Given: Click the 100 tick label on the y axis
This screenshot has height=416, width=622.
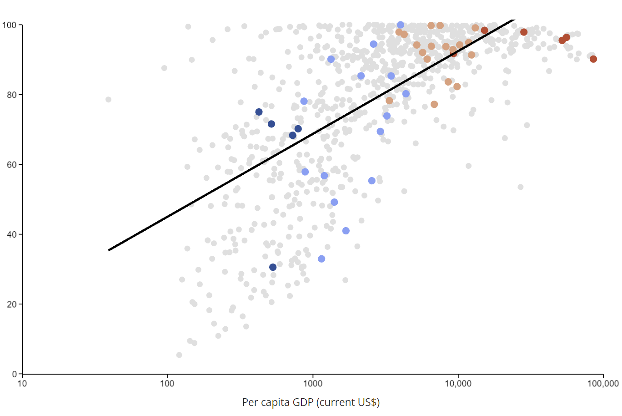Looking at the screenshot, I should pos(9,25).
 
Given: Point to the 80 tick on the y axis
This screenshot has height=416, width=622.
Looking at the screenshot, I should pos(11,95).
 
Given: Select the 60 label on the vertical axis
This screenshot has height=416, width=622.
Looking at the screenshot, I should pos(11,165).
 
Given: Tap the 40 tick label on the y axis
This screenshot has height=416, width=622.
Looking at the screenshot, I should pos(11,234).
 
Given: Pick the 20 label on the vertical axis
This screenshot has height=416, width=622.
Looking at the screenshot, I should pos(11,304).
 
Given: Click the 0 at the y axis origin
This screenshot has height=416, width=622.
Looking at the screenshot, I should pos(15,374).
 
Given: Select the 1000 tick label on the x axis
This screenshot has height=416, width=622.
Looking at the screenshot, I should pos(313,384).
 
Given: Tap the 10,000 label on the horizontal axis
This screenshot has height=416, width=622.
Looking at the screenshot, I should pos(458,384).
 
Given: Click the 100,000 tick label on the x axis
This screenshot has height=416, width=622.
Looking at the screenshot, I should pos(603,384).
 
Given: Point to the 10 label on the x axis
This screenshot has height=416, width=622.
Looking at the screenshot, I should pos(22,384).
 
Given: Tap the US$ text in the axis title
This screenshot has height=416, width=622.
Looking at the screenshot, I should pos(368,402).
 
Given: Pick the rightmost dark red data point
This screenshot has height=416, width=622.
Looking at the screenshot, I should pos(593,59).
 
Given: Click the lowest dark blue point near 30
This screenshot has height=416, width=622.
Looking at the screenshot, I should pos(273,267).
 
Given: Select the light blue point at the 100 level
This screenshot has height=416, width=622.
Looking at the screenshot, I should pos(401,25).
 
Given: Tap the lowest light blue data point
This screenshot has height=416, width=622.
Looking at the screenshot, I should pos(321,259).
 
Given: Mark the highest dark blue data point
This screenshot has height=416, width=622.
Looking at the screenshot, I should pos(259,112).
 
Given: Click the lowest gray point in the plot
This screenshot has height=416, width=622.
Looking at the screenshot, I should pos(179,355).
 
